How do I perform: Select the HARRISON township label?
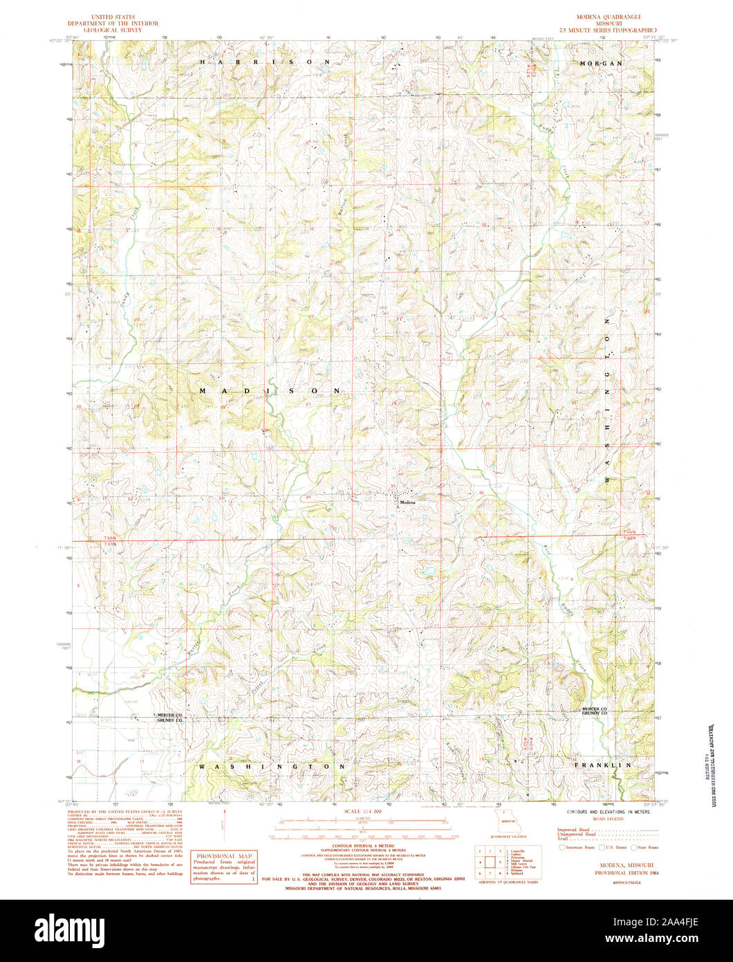(x=265, y=62)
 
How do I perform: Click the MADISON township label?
(x=270, y=391)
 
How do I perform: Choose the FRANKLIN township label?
(x=603, y=765)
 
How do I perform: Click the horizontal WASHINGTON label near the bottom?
(x=271, y=767)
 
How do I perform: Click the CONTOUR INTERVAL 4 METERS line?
(x=363, y=846)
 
